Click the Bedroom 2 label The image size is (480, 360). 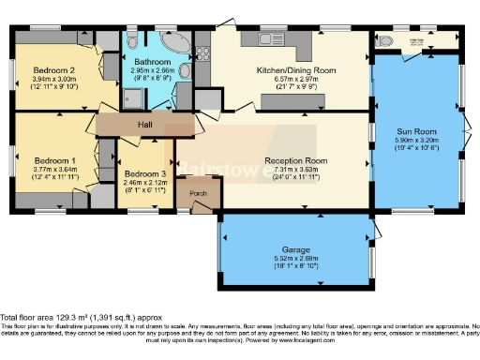[x=53, y=70]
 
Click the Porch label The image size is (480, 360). [x=198, y=194]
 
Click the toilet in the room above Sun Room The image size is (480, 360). [x=386, y=42]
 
